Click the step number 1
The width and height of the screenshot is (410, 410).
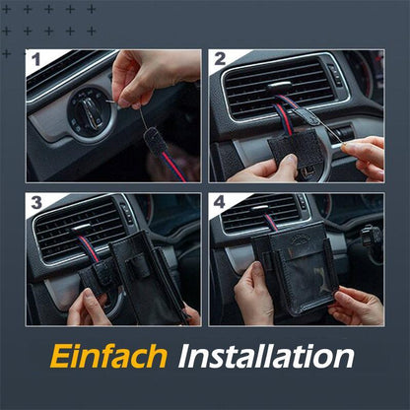click(x=37, y=61)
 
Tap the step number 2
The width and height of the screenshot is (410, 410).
click(x=220, y=61)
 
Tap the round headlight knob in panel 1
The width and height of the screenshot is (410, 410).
click(x=91, y=116)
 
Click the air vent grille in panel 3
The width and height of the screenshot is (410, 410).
click(x=79, y=229)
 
